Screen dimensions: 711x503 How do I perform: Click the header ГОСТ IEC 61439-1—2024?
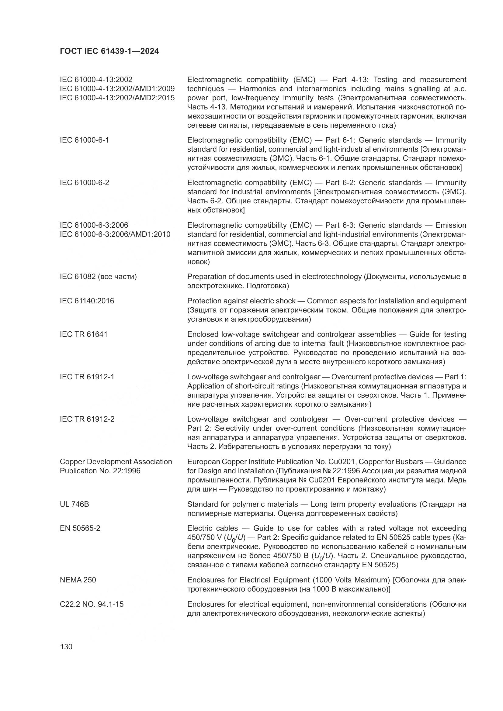coord(109,51)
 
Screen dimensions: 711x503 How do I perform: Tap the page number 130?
coord(66,647)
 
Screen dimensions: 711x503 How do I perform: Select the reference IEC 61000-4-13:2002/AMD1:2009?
coord(117,89)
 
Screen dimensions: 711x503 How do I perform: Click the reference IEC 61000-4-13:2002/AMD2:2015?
coord(117,98)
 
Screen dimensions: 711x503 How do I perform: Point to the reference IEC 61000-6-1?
coord(84,140)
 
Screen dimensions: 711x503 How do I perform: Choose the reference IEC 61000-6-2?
coord(84,183)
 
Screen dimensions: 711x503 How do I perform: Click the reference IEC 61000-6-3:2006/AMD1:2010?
coord(115,234)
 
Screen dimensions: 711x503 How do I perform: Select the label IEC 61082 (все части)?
coord(98,277)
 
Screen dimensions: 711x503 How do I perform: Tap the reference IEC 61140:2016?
coord(87,301)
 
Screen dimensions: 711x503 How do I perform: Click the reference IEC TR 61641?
coord(84,334)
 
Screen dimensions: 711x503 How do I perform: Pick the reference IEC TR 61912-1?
coord(87,377)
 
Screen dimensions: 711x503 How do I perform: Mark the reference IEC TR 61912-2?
coord(87,419)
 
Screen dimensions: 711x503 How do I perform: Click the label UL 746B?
coord(74,505)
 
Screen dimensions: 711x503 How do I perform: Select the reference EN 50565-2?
coord(80,528)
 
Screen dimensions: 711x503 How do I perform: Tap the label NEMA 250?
coord(78,580)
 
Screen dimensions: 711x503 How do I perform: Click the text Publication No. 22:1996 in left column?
coord(100,471)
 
